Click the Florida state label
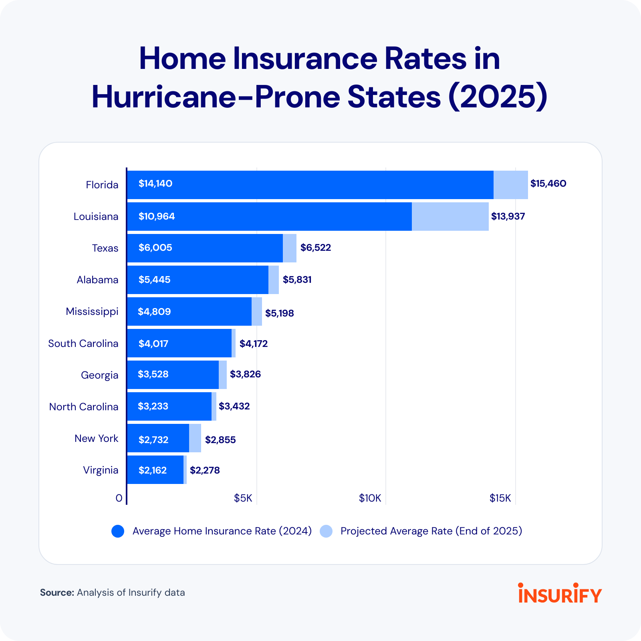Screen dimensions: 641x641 coord(102,185)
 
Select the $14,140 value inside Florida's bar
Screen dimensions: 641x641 coord(155,183)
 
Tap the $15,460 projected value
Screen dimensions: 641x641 coord(548,183)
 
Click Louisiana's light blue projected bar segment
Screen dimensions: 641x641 coord(450,216)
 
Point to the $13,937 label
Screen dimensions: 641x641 coord(508,216)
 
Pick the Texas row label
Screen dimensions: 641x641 coord(105,248)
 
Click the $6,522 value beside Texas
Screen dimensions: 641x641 coord(316,248)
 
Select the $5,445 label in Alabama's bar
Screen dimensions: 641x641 coord(155,280)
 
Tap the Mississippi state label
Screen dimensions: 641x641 coord(92,311)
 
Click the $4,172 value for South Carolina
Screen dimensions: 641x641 coord(254,344)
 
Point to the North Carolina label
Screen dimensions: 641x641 coord(84,407)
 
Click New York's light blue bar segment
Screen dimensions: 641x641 coord(195,438)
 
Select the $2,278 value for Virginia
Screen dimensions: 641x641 coord(205,470)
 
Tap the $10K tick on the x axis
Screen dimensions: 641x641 coord(370,498)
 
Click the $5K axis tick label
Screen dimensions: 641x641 coord(243,498)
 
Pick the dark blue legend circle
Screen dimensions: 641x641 coord(118,531)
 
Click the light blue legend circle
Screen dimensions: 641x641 coord(326,531)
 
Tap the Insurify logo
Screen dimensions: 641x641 coord(560,593)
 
